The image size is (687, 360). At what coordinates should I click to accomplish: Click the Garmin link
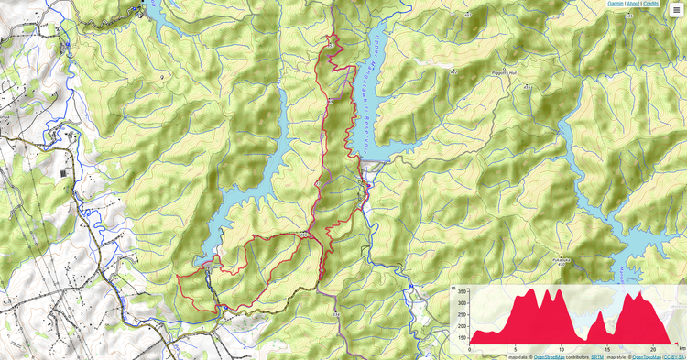pos(617,4)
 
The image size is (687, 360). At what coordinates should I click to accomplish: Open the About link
pos(634,4)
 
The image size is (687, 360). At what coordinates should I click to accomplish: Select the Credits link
pos(650,4)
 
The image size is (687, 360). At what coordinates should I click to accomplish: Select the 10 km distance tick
pos(561,349)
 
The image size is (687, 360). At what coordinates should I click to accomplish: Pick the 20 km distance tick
pos(651,349)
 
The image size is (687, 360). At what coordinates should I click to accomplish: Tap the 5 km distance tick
pos(516,349)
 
